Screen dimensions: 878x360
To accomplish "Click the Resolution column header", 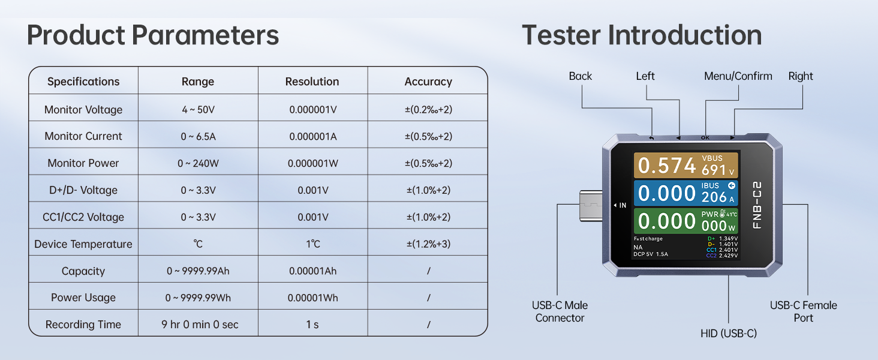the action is tap(312, 82).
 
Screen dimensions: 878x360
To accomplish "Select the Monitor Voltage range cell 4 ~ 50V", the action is tap(198, 109).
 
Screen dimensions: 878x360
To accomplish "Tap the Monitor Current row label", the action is tap(83, 136).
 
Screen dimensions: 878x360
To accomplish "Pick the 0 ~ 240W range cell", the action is tap(198, 163).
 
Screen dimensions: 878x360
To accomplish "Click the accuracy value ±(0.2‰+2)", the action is tap(428, 109).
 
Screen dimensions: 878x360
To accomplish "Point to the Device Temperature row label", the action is tap(83, 244).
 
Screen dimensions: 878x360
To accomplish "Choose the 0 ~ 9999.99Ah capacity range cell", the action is tap(198, 271).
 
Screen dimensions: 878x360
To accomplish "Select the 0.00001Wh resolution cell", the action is tap(313, 298).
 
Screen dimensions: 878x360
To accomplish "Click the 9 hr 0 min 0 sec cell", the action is tap(200, 325).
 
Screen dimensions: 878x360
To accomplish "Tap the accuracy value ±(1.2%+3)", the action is tap(428, 244).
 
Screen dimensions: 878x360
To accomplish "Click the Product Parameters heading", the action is tap(153, 35).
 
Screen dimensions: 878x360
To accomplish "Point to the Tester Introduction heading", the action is tap(642, 35).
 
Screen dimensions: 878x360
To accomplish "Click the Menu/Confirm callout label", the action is tap(738, 76).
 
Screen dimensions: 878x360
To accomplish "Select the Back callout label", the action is tap(580, 76).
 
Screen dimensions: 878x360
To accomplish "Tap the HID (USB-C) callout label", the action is tap(729, 334).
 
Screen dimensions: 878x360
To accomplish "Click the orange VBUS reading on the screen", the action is tap(686, 165).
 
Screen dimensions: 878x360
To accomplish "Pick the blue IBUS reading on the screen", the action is tap(686, 193).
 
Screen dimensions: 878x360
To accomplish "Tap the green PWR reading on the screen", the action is tap(686, 221).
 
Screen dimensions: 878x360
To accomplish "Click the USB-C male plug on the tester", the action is tap(591, 205).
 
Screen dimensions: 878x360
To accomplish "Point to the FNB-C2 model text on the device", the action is tap(757, 205).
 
